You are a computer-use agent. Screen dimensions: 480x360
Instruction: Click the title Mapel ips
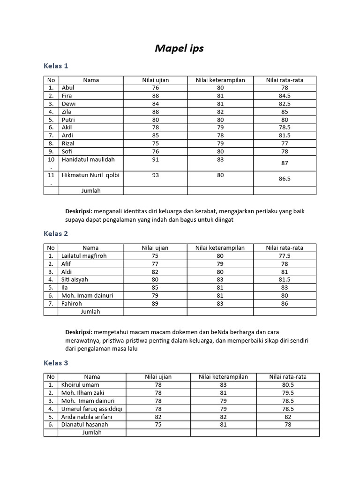point(179,48)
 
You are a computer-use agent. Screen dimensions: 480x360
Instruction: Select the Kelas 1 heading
point(56,66)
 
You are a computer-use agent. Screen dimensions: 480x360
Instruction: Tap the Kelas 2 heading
point(56,233)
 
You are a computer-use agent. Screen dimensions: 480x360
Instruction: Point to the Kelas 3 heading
point(56,363)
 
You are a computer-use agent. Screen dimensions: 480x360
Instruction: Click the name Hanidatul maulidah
point(88,159)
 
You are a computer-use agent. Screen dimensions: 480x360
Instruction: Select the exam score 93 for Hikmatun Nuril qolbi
point(156,175)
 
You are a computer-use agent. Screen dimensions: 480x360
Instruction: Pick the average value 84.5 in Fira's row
point(285,96)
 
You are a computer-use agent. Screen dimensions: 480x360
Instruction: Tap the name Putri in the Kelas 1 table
point(68,120)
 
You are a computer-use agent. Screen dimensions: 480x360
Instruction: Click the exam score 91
point(156,159)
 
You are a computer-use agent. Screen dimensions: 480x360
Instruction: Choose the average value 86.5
point(285,179)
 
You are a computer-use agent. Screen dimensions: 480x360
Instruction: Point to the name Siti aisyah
point(75,280)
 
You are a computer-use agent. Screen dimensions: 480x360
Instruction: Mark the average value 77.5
point(285,256)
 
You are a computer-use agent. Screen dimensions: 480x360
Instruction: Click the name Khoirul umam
point(80,385)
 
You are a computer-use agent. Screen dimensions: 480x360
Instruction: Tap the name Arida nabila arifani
point(91,417)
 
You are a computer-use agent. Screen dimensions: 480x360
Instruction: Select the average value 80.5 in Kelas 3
point(288,385)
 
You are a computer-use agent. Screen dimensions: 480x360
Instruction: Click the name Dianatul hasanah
point(84,425)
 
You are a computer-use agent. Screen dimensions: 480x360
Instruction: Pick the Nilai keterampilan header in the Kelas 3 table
point(223,377)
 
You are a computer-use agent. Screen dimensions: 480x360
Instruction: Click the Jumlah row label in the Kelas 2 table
point(90,312)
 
